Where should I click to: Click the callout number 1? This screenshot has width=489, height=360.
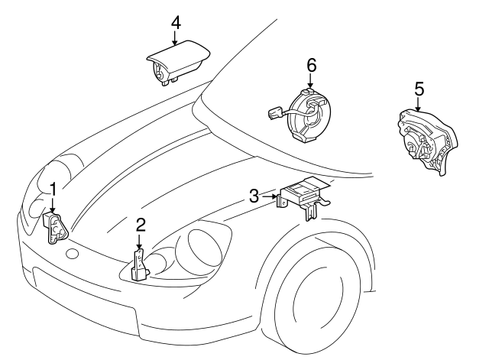click(53, 189)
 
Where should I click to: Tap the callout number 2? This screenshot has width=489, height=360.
click(140, 225)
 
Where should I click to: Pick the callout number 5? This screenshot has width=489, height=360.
click(419, 89)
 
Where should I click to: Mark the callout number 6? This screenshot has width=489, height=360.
click(311, 66)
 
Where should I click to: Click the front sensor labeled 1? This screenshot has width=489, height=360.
click(56, 228)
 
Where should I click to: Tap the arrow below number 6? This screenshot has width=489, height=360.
click(311, 83)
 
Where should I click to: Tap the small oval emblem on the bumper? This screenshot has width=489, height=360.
click(73, 254)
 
